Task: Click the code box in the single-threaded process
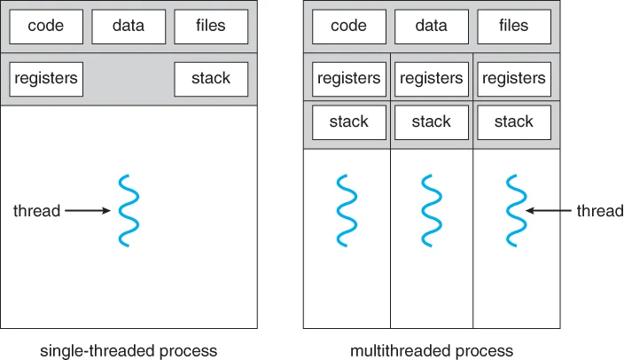(x=46, y=27)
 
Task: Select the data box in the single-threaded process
(x=129, y=27)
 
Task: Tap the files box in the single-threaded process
(x=211, y=27)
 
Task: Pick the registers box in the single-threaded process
(x=46, y=79)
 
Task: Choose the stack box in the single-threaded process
(x=211, y=79)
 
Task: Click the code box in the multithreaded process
(x=349, y=27)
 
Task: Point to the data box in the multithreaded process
(x=432, y=27)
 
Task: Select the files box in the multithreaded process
(x=514, y=27)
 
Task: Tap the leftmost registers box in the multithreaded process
(x=349, y=79)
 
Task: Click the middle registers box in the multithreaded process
(x=432, y=79)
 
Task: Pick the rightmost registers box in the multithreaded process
(x=514, y=79)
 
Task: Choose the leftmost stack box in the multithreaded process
(x=349, y=122)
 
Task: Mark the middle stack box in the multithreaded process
(x=432, y=122)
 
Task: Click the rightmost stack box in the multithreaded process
(x=514, y=122)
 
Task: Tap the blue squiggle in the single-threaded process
(x=129, y=210)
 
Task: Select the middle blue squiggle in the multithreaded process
(x=432, y=210)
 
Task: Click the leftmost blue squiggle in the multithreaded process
(x=347, y=210)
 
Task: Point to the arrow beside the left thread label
(x=88, y=210)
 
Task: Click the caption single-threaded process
(x=129, y=351)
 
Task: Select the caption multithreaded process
(x=432, y=351)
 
